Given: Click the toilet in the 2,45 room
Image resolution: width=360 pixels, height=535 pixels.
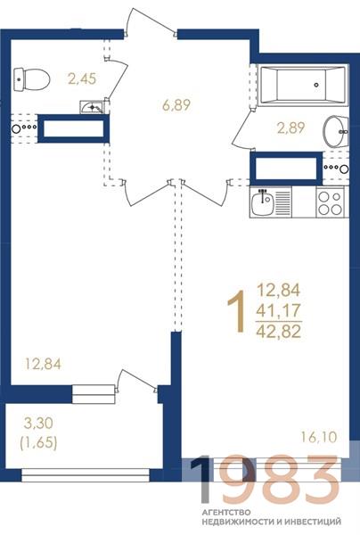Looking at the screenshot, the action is click(x=32, y=79).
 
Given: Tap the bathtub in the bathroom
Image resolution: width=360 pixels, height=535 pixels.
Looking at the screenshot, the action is click(x=303, y=85).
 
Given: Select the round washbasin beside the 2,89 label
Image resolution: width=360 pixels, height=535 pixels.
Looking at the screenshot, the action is click(x=336, y=131).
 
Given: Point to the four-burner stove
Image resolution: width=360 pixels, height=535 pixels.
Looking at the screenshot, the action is click(x=330, y=202).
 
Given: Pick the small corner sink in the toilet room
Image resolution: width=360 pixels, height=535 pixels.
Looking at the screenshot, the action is click(x=92, y=107).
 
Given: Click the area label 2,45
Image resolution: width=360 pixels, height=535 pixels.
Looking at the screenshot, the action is click(x=82, y=78).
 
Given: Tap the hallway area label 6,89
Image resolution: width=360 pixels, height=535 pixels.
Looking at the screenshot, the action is click(x=176, y=105).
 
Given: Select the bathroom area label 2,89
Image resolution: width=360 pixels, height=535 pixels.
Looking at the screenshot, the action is click(x=290, y=128).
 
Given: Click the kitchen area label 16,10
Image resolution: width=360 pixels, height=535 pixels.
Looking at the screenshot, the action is click(x=319, y=437).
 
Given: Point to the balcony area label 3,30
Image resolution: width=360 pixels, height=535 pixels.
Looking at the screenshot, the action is click(x=38, y=424).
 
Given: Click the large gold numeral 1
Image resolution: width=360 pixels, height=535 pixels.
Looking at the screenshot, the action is click(x=237, y=311).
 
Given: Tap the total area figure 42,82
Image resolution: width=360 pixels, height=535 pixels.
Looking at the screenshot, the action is click(x=279, y=331).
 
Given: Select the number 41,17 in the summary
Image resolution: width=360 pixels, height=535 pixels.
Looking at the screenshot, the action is click(x=279, y=310).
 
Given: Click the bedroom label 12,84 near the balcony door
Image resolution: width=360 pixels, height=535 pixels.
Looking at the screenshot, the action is click(x=44, y=364).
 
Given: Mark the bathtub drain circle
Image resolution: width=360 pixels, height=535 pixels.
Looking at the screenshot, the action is click(x=316, y=85).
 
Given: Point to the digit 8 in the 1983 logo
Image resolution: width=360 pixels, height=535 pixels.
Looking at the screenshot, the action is click(x=279, y=480).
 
